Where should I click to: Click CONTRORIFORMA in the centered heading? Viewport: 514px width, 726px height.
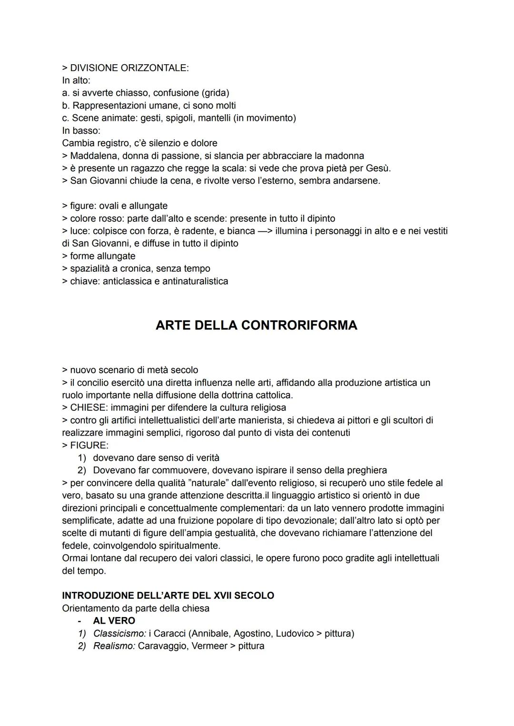[x=299, y=325]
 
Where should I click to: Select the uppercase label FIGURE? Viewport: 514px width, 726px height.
[x=89, y=446]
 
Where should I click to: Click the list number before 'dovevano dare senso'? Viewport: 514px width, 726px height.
[x=82, y=458]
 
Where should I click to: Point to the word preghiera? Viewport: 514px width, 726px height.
[x=366, y=470]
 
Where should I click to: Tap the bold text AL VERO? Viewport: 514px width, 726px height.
[x=114, y=621]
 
